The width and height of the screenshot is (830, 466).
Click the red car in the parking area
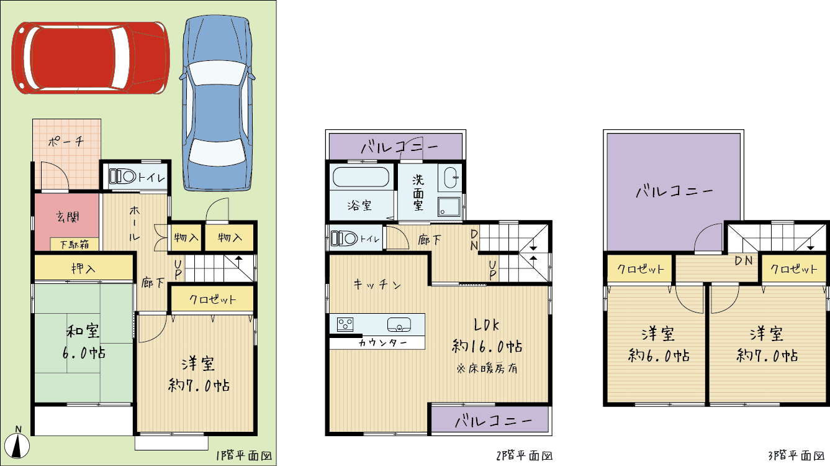[91, 57]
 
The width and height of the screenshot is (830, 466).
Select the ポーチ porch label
[66, 141]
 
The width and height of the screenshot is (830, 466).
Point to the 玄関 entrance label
[68, 217]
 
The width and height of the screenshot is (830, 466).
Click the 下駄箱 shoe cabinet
[74, 244]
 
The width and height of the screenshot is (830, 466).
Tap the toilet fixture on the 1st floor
[123, 176]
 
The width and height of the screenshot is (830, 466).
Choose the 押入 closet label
[83, 268]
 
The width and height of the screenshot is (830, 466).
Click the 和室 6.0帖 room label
[83, 342]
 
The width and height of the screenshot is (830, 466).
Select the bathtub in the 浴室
[361, 177]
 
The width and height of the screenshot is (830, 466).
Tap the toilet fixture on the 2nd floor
[344, 239]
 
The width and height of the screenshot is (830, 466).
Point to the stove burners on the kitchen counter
[345, 324]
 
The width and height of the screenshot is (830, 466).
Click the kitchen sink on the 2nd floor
[399, 325]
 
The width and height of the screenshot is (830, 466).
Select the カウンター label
[383, 342]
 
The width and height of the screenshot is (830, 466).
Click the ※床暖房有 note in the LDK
[487, 368]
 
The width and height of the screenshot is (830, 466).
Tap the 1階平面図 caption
[243, 455]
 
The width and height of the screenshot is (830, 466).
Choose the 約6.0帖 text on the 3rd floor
[659, 356]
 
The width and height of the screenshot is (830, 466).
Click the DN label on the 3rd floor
[744, 261]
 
